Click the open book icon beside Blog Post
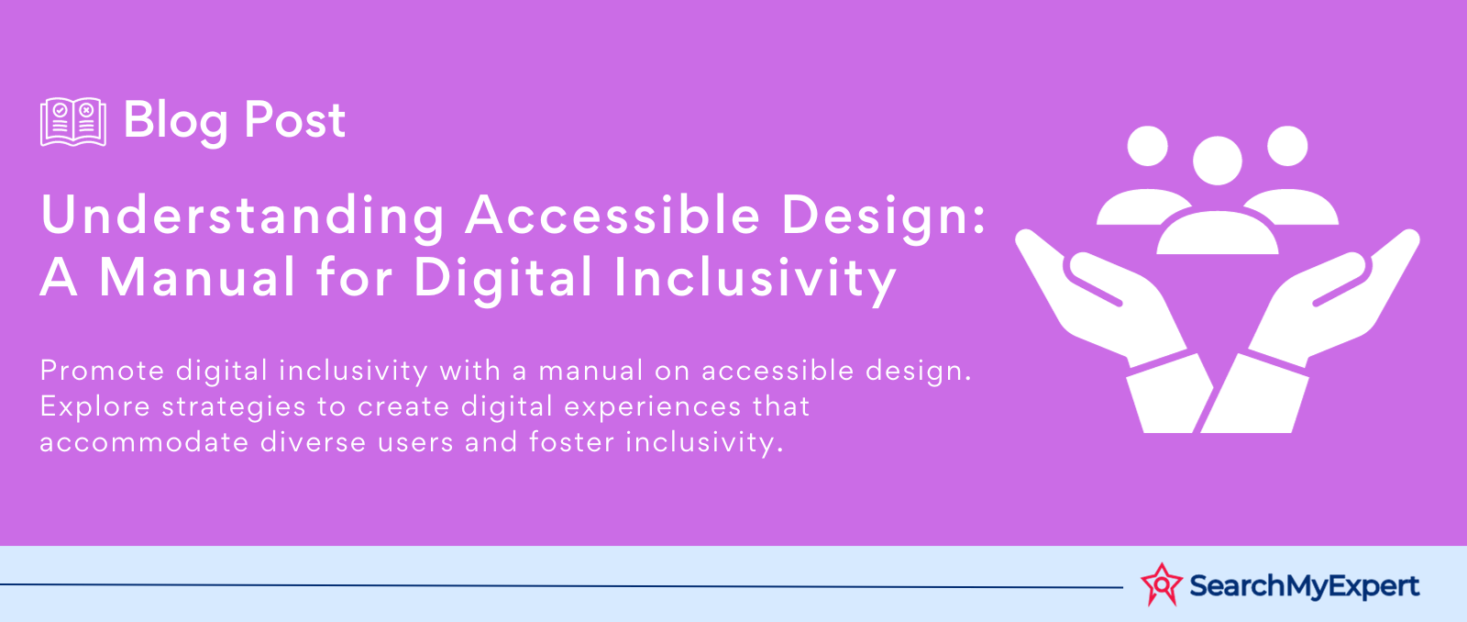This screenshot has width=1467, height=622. click(x=72, y=121)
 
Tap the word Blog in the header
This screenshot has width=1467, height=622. click(x=175, y=123)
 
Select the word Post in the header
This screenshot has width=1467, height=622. click(x=294, y=120)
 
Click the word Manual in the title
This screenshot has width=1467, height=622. click(x=197, y=276)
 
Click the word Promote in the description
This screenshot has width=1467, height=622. click(x=102, y=371)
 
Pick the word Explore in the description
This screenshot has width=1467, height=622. click(x=95, y=406)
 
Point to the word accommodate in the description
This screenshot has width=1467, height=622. click(x=144, y=442)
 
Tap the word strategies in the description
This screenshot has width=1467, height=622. click(x=234, y=407)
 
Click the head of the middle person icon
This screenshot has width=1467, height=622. click(x=1218, y=161)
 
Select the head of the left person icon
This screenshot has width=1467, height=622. click(x=1147, y=146)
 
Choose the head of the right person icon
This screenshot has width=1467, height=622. click(x=1287, y=146)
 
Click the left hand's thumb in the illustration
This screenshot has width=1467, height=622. click(x=1094, y=279)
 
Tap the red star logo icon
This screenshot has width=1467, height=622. click(x=1161, y=584)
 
